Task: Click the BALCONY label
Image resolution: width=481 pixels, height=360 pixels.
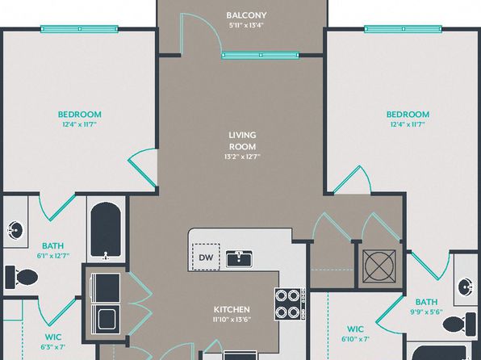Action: coord(246,15)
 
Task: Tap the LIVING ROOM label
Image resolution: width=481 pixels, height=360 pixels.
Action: coord(242,141)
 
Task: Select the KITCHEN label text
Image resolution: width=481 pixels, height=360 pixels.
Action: coord(232,309)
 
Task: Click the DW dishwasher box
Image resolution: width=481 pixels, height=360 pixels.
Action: coord(206,257)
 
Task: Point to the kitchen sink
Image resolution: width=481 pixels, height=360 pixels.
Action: coord(239,259)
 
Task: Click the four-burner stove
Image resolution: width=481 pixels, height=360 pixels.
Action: coord(290,303)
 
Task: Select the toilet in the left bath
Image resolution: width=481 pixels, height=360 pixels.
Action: coord(21,278)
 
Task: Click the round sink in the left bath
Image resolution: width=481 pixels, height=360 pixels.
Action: coord(15,230)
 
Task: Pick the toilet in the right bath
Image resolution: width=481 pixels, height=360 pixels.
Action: coord(459,324)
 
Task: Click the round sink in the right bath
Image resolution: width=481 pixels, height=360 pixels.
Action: coord(466,287)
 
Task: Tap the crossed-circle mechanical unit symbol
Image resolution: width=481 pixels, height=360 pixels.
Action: coord(379,266)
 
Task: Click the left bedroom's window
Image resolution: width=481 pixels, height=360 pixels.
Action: coord(79,29)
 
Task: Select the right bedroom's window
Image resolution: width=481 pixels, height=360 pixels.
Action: coord(403,29)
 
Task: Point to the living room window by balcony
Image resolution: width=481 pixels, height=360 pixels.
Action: coord(260,55)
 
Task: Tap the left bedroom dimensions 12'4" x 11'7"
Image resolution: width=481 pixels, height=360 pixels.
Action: coord(79,124)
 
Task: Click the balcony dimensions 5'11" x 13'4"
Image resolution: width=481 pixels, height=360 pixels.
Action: coord(246,25)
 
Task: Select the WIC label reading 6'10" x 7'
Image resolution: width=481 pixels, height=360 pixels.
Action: coord(356,333)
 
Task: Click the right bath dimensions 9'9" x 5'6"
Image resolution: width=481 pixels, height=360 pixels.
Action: coord(426,312)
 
